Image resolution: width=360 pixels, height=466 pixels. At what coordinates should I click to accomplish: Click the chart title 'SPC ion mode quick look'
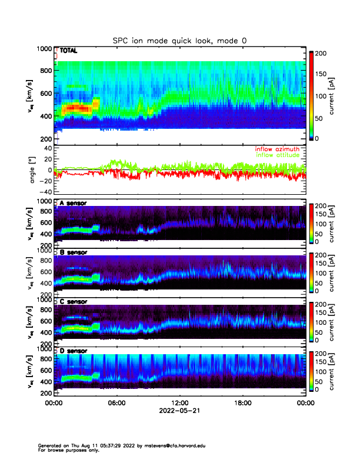tap(179, 40)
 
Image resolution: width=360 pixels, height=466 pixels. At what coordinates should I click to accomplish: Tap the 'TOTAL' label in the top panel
tap(68, 51)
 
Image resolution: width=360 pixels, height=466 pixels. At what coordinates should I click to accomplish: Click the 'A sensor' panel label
tap(73, 204)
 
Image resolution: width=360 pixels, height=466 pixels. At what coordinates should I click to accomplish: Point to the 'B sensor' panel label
tap(73, 252)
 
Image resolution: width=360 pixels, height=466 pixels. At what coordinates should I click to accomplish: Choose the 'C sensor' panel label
tap(73, 301)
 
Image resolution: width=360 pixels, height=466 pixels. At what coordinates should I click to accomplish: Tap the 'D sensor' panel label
tap(73, 351)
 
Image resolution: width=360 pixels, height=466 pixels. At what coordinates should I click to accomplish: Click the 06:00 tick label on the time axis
tap(116, 403)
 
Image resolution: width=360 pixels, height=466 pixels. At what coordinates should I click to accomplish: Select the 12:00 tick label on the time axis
tap(179, 403)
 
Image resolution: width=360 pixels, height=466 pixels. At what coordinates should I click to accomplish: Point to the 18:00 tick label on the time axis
tap(242, 403)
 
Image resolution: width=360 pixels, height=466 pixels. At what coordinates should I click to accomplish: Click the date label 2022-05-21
tap(179, 410)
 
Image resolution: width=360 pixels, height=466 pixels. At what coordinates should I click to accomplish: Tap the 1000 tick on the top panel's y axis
tap(44, 49)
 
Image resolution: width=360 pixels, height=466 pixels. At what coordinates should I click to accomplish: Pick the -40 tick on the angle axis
tap(44, 192)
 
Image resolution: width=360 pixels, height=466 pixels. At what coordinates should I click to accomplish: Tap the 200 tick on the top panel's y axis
tap(45, 139)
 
